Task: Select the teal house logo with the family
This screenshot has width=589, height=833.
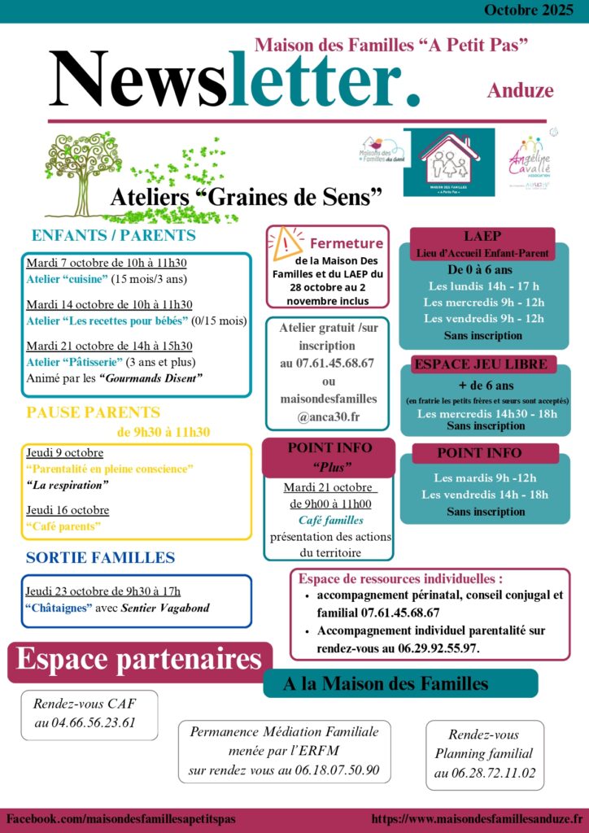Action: tap(448, 162)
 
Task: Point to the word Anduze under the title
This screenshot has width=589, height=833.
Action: tap(520, 90)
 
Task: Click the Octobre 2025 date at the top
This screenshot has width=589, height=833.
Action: tap(528, 11)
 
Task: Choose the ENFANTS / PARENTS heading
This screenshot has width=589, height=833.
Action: tap(113, 236)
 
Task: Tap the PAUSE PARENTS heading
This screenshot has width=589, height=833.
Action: tap(93, 412)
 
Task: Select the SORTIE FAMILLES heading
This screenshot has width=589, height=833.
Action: tap(100, 557)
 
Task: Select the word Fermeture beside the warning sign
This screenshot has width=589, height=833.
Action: tap(347, 242)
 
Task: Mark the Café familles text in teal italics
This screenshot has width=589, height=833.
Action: tap(330, 520)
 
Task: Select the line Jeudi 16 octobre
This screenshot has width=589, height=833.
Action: tap(68, 510)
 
